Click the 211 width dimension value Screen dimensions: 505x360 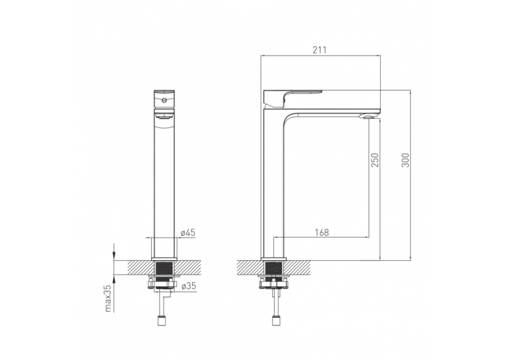pos(319,50)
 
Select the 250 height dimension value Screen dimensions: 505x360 pos(375,160)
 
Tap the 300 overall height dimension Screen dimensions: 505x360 pos(405,160)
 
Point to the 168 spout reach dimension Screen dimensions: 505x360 pos(321,233)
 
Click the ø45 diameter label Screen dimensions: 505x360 pos(187,233)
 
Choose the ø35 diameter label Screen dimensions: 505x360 pos(188,286)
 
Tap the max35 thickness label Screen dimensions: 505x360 pos(108,298)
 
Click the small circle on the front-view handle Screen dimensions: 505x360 pos(164,100)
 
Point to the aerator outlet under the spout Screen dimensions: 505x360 pos(369,117)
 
